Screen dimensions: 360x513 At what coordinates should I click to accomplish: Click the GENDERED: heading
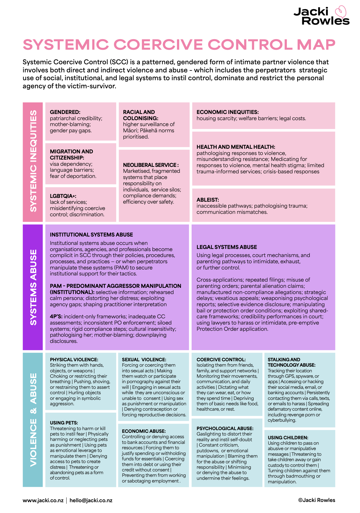(x=65, y=112)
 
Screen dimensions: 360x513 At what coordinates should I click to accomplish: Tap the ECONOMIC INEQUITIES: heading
(x=227, y=112)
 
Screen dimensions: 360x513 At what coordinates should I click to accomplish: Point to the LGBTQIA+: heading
(x=63, y=196)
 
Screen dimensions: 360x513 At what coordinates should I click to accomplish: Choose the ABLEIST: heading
(x=208, y=200)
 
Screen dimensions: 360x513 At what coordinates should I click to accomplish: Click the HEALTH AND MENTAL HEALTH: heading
(x=236, y=147)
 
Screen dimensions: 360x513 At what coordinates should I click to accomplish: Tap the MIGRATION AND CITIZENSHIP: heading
(x=71, y=154)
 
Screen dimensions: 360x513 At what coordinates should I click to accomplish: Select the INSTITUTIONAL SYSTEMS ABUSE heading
(x=91, y=235)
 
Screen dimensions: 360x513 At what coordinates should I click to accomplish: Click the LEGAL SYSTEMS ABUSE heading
(x=227, y=247)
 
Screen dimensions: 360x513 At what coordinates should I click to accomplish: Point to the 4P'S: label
(x=56, y=316)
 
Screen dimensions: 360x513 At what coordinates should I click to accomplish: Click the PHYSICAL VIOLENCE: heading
(x=74, y=360)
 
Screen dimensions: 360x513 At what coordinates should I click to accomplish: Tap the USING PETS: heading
(x=64, y=423)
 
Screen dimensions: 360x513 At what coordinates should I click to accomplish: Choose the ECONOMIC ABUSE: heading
(x=144, y=431)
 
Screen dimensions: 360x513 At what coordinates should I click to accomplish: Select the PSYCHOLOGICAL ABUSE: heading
(x=225, y=428)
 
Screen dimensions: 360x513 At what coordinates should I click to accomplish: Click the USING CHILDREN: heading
(x=288, y=438)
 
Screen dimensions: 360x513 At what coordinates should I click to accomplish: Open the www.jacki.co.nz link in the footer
(x=43, y=500)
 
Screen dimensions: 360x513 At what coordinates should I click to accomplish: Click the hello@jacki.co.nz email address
(x=91, y=500)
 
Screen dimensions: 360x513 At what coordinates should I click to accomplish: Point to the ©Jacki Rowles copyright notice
(x=317, y=500)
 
